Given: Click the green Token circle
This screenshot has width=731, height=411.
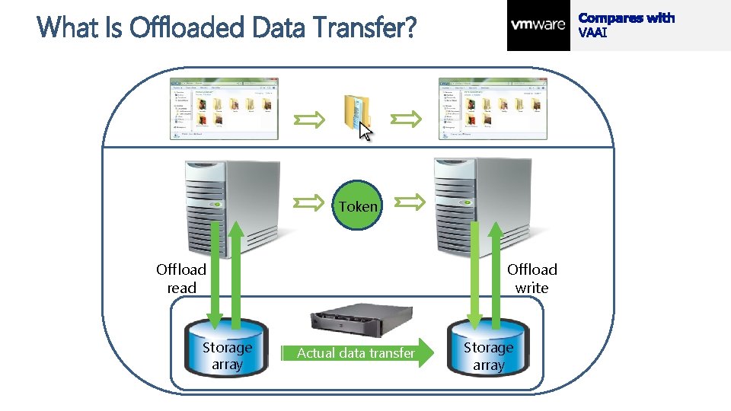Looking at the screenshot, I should tap(358, 205).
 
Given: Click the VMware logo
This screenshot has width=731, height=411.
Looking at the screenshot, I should tap(538, 24).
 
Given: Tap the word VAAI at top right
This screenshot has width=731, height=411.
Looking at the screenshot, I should tap(593, 33).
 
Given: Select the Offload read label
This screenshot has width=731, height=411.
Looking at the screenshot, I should tap(181, 279).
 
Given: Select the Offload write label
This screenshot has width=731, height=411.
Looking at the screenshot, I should tap(531, 279).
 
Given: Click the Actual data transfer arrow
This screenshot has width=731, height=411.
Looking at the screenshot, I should tap(358, 352).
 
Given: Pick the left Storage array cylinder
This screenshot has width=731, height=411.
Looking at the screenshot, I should tap(227, 350).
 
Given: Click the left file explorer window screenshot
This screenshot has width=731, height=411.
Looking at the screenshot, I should tap(224, 109).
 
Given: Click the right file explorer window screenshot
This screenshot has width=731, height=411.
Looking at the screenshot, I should tap(493, 109).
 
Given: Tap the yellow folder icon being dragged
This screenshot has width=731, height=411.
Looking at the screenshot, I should tap(356, 111).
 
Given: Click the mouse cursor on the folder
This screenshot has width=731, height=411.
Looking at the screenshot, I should tap(366, 132).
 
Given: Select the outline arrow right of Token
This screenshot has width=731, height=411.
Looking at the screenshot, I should tap(410, 202).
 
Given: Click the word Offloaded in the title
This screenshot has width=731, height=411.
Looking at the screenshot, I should tap(187, 28).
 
